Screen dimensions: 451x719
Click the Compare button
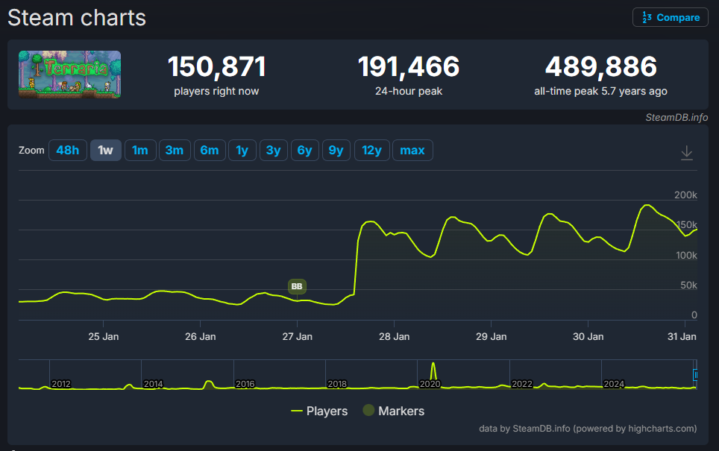[670, 17]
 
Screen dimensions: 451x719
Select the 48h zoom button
[67, 151]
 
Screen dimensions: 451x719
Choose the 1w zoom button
[105, 151]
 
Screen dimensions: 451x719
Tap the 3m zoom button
[174, 151]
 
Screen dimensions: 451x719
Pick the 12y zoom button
[371, 151]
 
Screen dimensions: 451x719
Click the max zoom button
[412, 151]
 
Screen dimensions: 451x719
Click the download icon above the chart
[687, 153]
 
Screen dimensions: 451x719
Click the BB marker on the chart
[297, 286]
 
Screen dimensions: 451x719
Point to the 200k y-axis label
[685, 195]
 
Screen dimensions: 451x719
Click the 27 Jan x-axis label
[297, 336]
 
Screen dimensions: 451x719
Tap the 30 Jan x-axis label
[588, 336]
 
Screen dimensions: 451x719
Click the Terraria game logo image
[69, 74]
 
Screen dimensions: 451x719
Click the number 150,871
[216, 67]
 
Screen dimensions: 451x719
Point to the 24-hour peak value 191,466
[408, 67]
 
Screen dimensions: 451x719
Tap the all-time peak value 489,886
[600, 67]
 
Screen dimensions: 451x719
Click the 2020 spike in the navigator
[433, 371]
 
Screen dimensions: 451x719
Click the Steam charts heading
[77, 17]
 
